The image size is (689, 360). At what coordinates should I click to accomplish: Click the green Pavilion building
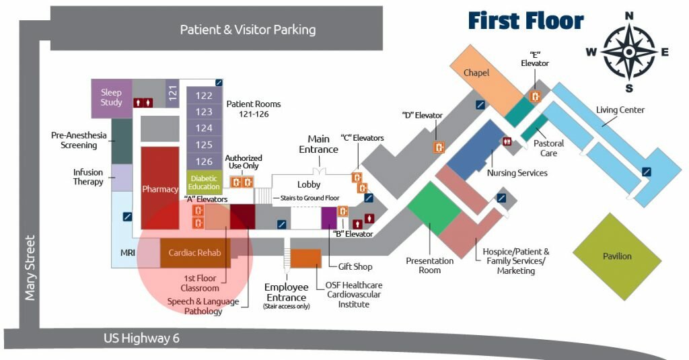(x=617, y=256)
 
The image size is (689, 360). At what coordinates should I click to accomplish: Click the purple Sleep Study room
(x=111, y=98)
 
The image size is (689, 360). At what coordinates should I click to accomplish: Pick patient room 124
(x=204, y=128)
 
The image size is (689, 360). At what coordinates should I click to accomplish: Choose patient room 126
(x=204, y=161)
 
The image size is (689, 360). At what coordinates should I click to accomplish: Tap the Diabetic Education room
(x=204, y=182)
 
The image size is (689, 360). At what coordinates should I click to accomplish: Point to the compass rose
(x=629, y=52)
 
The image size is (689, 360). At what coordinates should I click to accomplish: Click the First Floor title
(x=525, y=21)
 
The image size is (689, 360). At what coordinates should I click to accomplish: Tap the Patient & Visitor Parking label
(x=248, y=30)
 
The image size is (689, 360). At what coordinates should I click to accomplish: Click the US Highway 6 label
(x=142, y=338)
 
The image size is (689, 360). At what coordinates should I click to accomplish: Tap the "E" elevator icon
(x=536, y=96)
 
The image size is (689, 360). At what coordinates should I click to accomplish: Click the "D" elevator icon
(x=439, y=145)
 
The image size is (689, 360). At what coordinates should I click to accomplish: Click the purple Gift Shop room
(x=328, y=218)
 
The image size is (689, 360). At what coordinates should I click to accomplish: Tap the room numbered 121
(x=172, y=93)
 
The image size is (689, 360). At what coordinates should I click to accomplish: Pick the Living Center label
(x=620, y=110)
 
